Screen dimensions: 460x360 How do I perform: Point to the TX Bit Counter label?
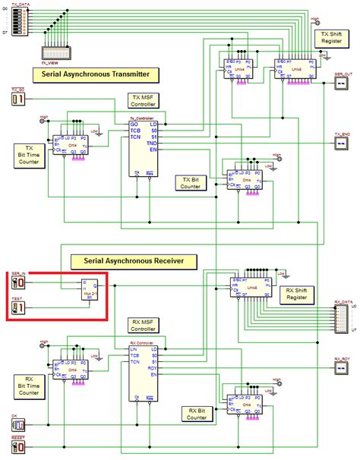coord(191,182)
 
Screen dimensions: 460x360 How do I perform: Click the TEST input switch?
coord(19,307)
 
